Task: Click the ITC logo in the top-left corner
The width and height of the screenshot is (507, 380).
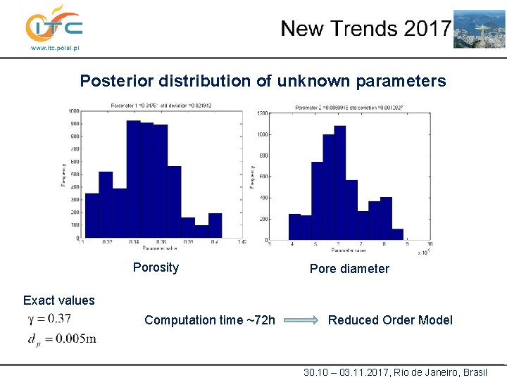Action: click(x=54, y=25)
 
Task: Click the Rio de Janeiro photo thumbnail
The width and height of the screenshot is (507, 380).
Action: click(x=479, y=29)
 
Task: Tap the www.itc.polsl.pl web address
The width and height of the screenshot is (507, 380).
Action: click(x=54, y=49)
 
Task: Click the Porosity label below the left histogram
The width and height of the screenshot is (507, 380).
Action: click(x=156, y=267)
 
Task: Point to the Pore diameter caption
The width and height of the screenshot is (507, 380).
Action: click(x=349, y=269)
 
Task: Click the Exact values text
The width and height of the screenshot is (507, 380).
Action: click(x=58, y=300)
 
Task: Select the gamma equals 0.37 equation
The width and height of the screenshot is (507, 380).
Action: click(x=49, y=319)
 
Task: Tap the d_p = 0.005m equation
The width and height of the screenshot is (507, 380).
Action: click(x=61, y=339)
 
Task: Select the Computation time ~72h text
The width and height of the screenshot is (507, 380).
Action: click(x=210, y=320)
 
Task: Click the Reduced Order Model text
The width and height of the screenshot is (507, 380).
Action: click(x=390, y=320)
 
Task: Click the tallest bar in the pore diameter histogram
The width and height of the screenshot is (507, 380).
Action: click(x=340, y=182)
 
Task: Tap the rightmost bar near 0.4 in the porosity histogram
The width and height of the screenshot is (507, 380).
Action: click(x=215, y=225)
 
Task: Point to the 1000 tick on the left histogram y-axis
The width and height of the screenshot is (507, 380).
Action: click(x=73, y=111)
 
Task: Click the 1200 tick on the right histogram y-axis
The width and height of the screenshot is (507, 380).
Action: click(x=263, y=113)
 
